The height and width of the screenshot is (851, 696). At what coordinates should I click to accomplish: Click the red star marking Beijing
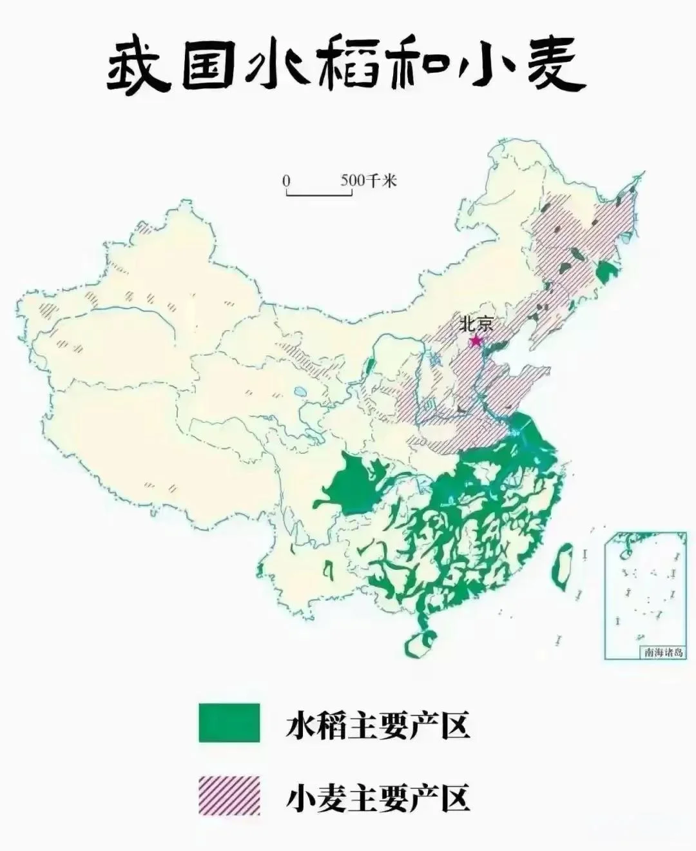click(x=476, y=339)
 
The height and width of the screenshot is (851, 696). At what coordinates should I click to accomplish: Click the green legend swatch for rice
click(x=229, y=723)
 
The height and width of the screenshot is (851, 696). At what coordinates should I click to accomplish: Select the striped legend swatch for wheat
click(x=229, y=796)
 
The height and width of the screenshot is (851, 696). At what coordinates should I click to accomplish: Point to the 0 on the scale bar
click(x=286, y=181)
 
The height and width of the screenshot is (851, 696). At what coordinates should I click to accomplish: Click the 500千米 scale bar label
click(x=369, y=181)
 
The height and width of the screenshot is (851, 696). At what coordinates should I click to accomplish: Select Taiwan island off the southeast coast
click(x=563, y=563)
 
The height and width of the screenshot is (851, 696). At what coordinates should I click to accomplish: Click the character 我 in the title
click(x=137, y=68)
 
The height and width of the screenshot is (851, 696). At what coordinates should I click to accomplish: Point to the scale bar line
click(x=320, y=193)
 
